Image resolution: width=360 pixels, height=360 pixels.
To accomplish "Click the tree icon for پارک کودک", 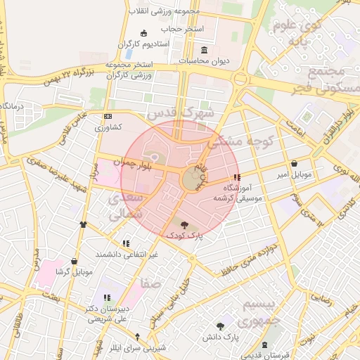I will [184, 225].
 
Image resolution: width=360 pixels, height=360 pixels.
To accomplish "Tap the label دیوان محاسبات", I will [205, 61].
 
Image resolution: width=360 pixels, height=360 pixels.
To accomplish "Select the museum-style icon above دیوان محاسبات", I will [205, 50].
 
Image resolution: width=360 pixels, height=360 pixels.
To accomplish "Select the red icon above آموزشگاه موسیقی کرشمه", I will [236, 177].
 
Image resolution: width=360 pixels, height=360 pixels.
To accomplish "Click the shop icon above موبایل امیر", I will [293, 163].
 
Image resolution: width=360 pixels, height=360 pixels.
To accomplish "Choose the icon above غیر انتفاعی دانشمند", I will [126, 243].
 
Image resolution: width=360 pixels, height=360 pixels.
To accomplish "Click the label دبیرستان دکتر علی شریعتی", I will [107, 314].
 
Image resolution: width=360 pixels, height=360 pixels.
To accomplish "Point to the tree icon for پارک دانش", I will [221, 326].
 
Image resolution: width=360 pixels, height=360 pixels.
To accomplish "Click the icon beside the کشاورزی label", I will [107, 116].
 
